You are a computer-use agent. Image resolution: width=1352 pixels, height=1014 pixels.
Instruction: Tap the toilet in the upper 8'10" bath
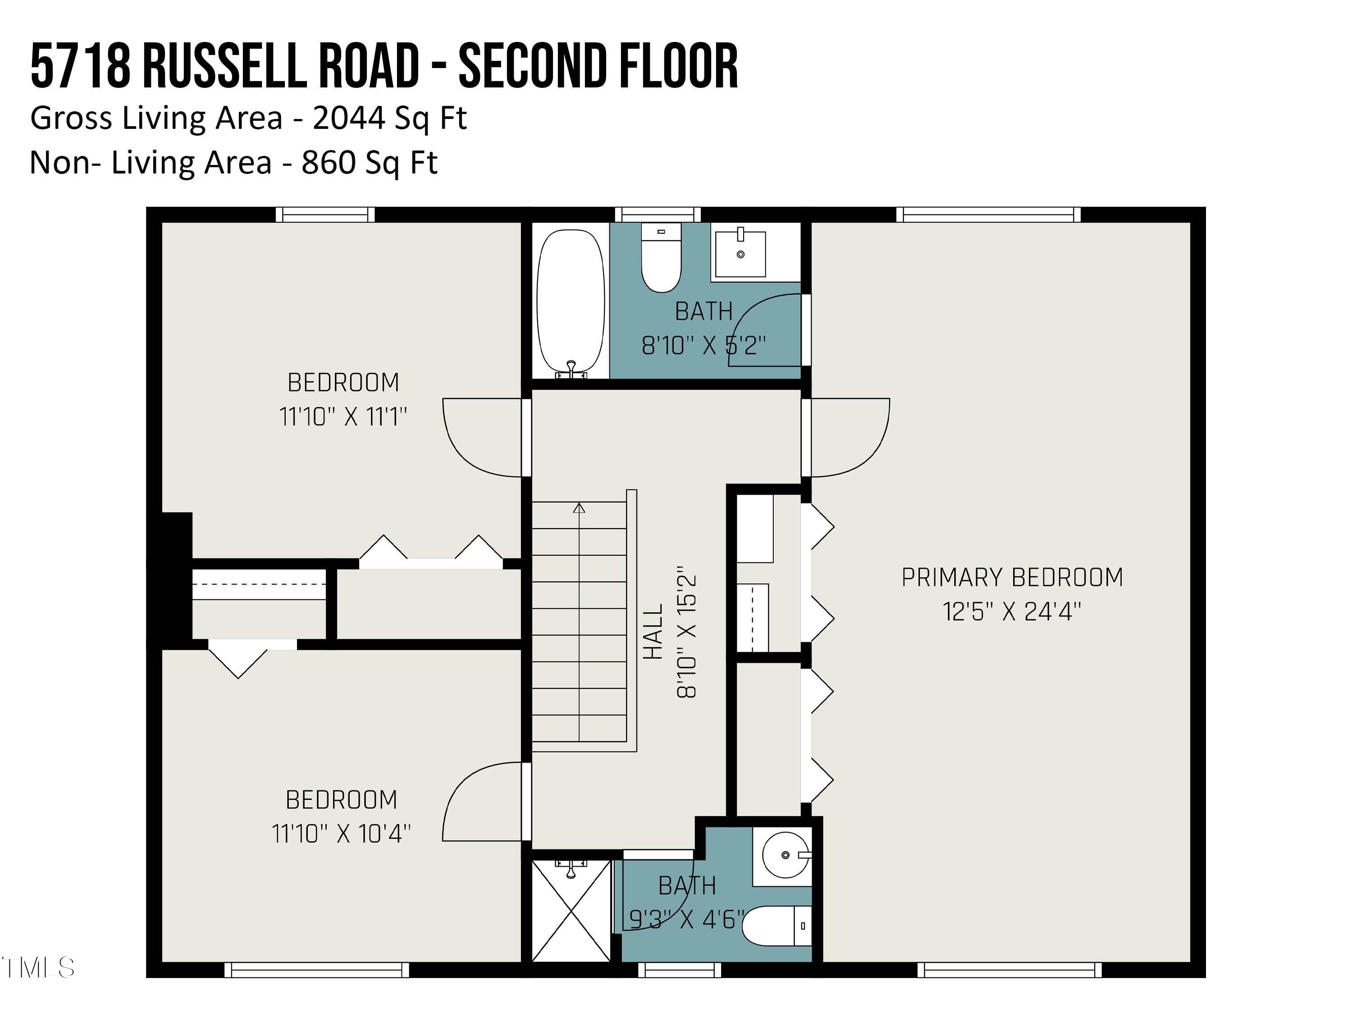[661, 258]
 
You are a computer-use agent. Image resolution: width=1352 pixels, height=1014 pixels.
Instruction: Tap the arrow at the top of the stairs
[579, 508]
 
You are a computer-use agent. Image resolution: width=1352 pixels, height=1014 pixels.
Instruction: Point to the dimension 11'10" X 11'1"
[343, 417]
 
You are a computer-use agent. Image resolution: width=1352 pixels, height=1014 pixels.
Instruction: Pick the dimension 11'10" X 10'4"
[341, 834]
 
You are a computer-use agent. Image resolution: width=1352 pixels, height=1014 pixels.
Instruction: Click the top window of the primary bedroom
[988, 215]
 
